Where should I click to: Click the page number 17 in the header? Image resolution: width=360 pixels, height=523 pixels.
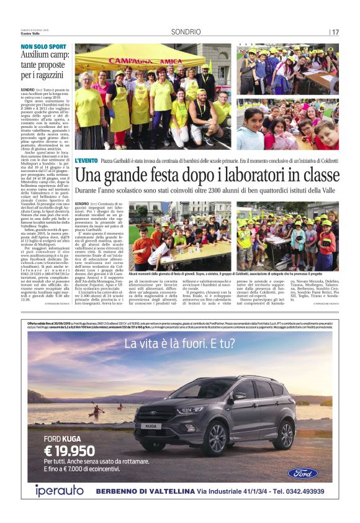(x=335, y=32)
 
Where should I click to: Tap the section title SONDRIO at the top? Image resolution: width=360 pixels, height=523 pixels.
(x=186, y=32)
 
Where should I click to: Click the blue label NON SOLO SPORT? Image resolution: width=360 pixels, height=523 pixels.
(x=43, y=47)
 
